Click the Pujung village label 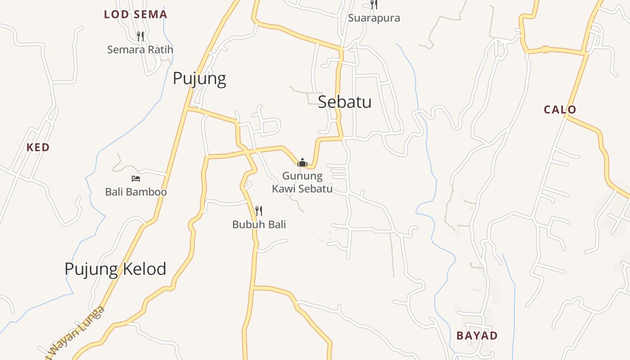point(199,78)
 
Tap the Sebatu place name point(345,102)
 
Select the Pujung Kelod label point(115,269)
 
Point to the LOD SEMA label point(135,14)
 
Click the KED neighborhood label point(38,147)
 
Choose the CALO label point(560,109)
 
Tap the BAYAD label point(477,335)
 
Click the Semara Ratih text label point(140,49)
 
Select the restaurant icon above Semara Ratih point(140,36)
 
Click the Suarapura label point(374,18)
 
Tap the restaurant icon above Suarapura point(374,4)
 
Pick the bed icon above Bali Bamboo point(136,179)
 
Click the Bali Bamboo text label point(136,192)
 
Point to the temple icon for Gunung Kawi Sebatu point(302,162)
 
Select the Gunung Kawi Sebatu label point(302,182)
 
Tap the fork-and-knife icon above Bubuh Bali point(259,211)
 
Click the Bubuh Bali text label point(259,224)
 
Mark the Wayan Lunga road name point(76,333)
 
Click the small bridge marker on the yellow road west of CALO point(545,49)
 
